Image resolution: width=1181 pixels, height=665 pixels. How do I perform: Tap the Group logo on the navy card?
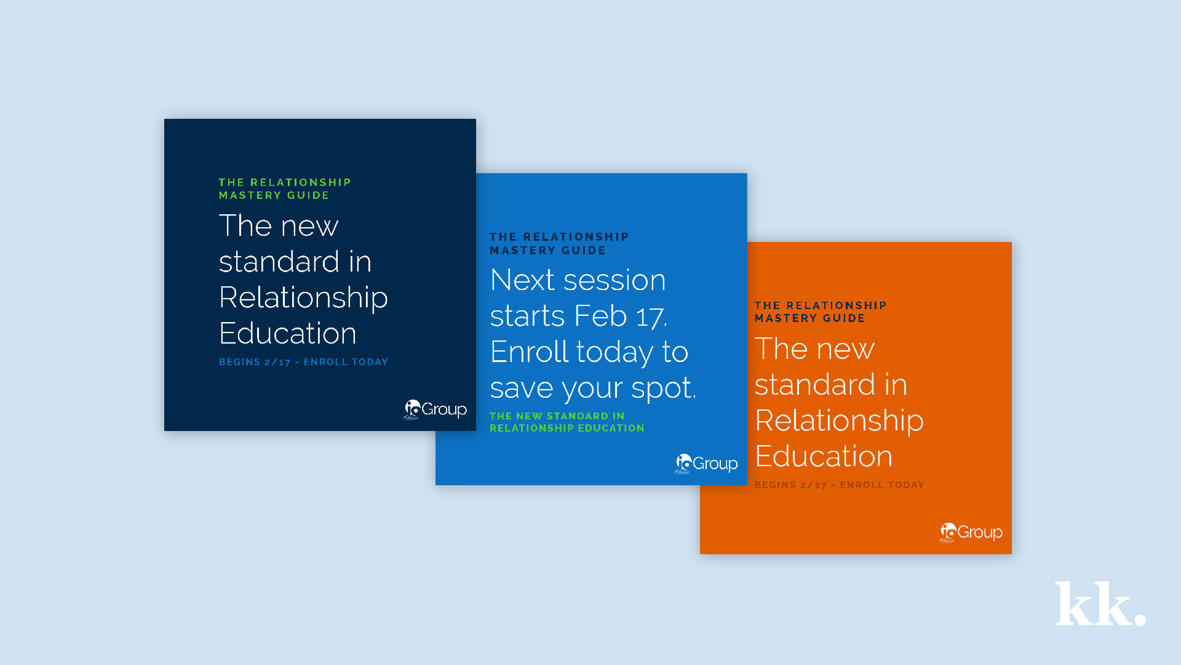click(435, 409)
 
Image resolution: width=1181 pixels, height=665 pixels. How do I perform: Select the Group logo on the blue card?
click(706, 464)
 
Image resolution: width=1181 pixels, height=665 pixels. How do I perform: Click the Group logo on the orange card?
click(971, 532)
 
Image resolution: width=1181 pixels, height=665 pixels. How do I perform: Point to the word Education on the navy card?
click(288, 333)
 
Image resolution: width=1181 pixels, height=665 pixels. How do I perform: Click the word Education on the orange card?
click(824, 456)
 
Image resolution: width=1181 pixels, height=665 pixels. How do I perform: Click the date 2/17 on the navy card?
click(277, 362)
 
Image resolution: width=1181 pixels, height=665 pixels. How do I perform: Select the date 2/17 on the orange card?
click(813, 485)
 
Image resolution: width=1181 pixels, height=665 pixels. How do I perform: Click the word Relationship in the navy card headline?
click(303, 299)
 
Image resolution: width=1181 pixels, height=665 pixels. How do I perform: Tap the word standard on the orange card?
click(815, 385)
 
